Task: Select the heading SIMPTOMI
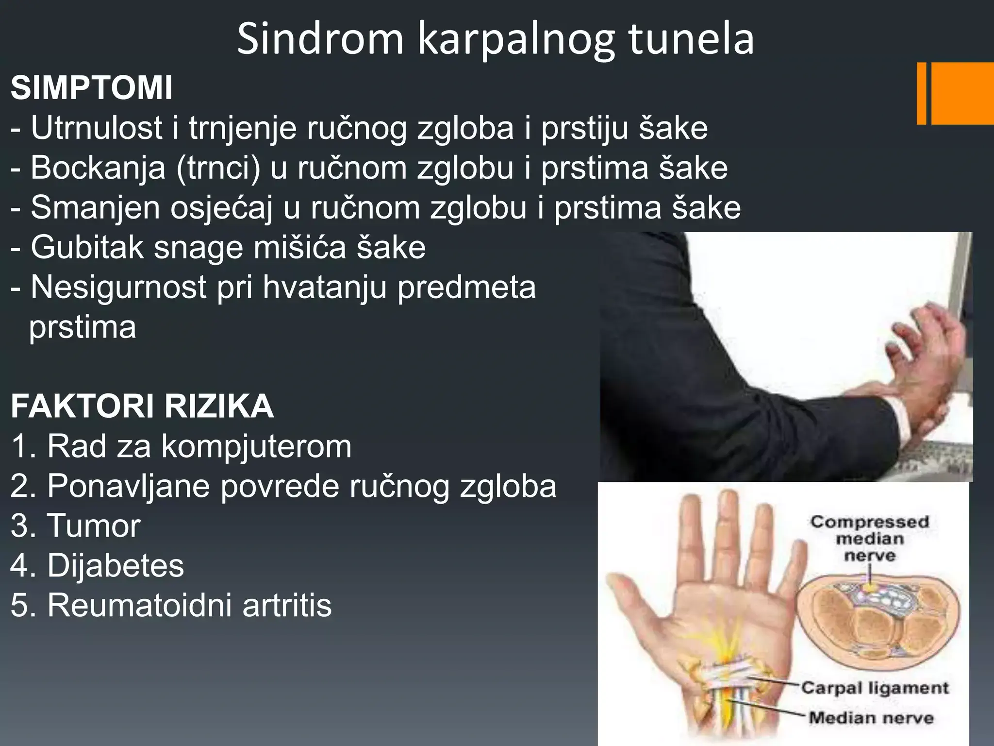point(91,88)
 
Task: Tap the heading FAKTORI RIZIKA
point(142,406)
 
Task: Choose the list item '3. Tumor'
point(76,526)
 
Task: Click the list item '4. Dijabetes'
point(98,566)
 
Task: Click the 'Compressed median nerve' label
point(869,539)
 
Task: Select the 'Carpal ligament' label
point(875,688)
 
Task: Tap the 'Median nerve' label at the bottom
point(871,717)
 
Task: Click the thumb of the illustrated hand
point(631,600)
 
